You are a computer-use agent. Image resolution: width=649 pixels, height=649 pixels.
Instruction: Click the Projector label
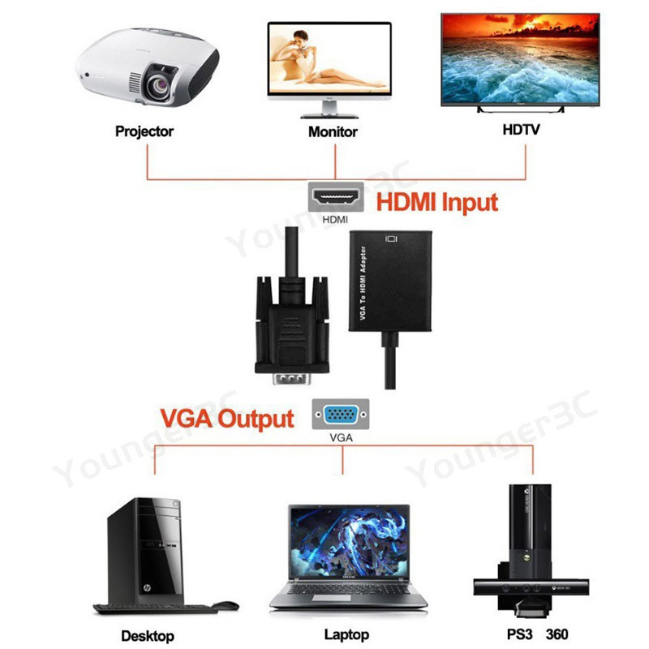[x=144, y=131]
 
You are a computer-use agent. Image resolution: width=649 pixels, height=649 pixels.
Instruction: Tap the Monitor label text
[x=333, y=131]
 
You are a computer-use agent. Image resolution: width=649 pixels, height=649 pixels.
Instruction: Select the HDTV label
[x=520, y=130]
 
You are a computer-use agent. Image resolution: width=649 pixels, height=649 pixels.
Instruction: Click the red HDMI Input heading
[x=436, y=201]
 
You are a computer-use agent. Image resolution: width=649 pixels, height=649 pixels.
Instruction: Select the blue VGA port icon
[x=342, y=415]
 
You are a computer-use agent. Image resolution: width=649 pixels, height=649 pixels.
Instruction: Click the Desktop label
[x=147, y=635]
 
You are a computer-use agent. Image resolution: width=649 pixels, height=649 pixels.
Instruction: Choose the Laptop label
[x=346, y=634]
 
